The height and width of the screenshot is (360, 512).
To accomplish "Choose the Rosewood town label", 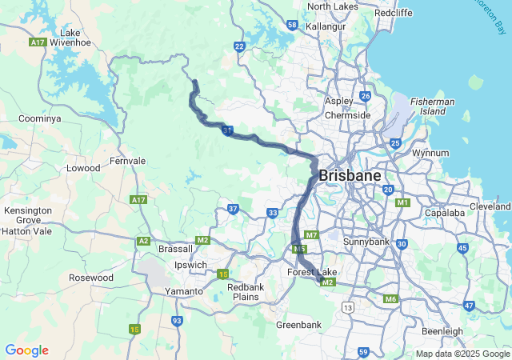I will [x=91, y=278].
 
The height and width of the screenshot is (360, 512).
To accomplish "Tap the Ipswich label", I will [x=190, y=265].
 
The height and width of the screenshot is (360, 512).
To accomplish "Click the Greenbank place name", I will [x=298, y=325].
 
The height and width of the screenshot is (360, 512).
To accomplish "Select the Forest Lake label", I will [x=312, y=273].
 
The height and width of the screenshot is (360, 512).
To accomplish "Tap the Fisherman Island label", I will [x=433, y=106].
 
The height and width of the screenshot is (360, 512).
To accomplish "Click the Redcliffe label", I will [x=393, y=14].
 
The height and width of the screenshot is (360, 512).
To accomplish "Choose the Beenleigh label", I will [x=442, y=331].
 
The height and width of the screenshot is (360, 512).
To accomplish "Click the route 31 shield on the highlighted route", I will [x=228, y=130].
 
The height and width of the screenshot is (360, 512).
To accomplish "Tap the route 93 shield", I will [x=177, y=321].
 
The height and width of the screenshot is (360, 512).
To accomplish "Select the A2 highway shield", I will [x=144, y=240].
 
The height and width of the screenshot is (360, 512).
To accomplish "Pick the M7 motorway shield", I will [x=312, y=235].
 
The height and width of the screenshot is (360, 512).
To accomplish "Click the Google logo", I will [x=26, y=350].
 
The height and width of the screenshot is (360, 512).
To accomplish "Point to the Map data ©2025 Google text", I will [x=462, y=354].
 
